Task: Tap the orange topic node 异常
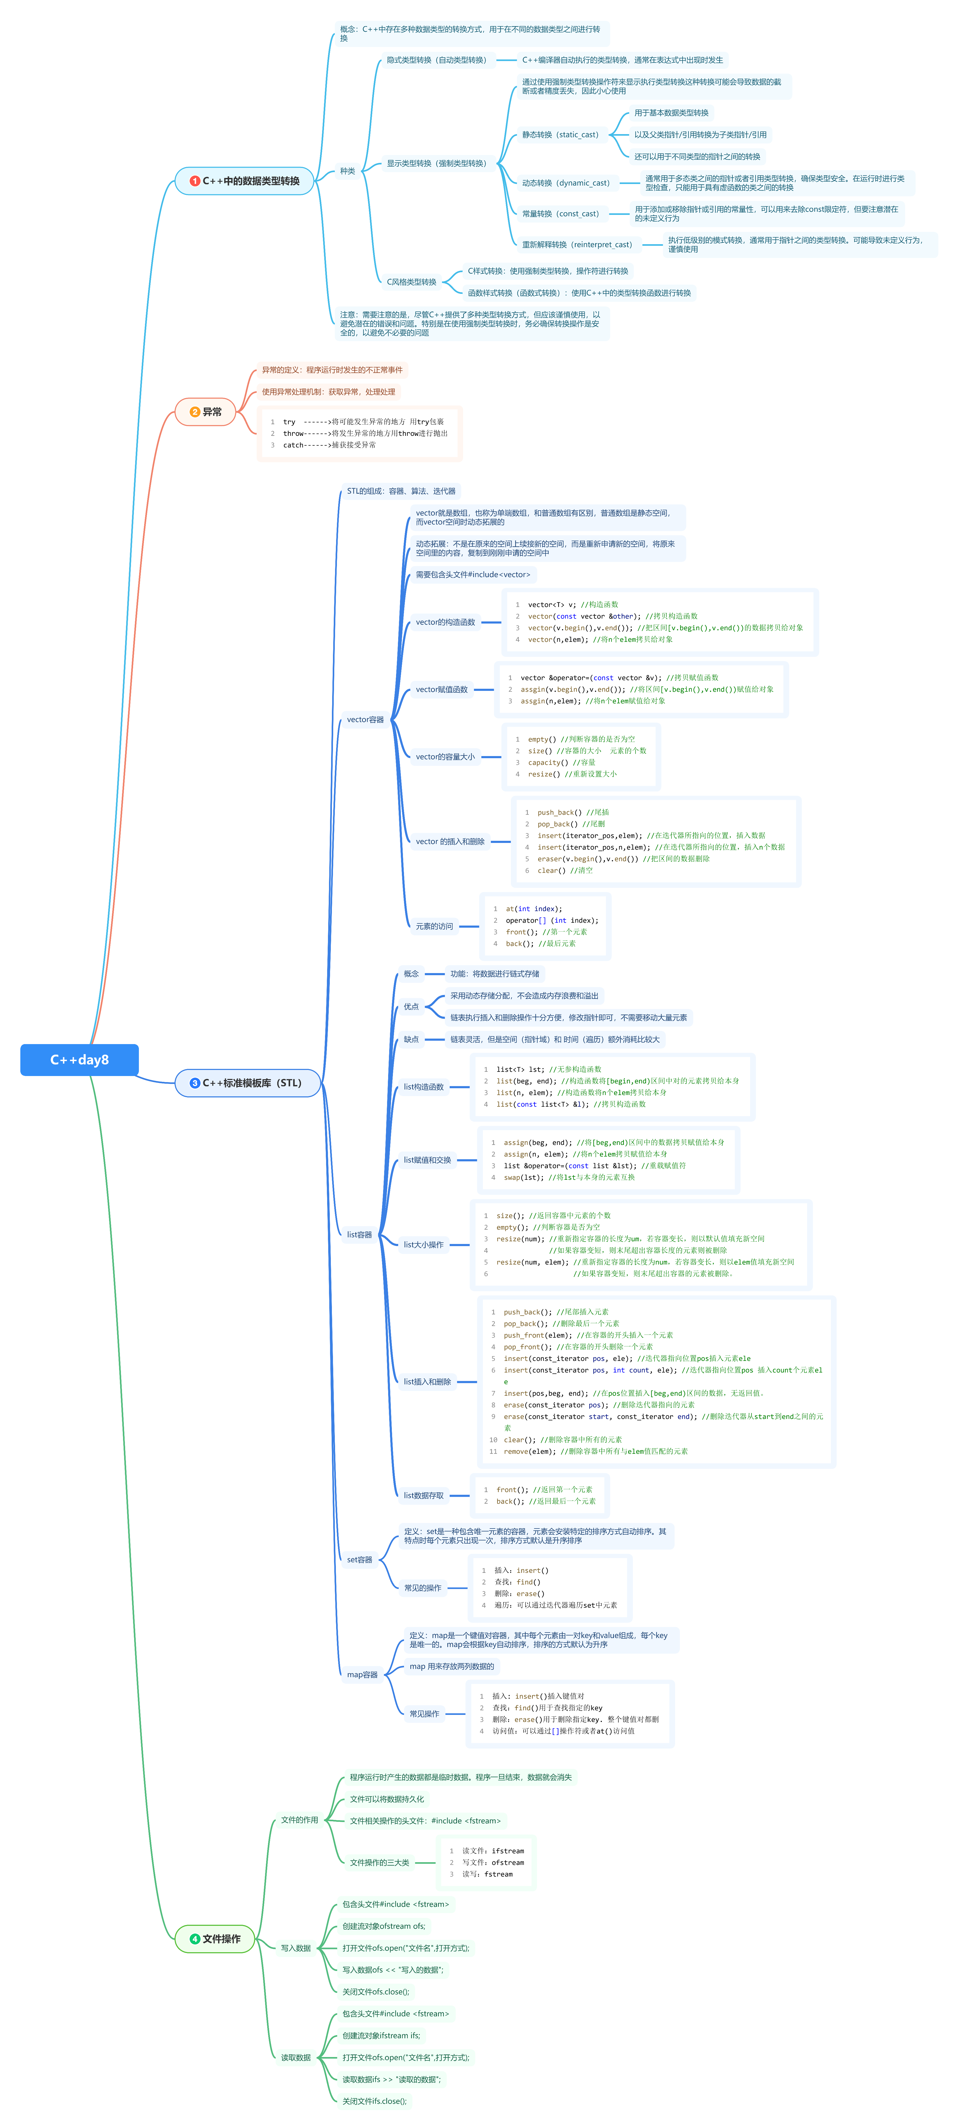tap(206, 412)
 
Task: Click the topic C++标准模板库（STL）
tap(247, 1083)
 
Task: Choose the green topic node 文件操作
tap(215, 1938)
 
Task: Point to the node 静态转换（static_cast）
tap(560, 135)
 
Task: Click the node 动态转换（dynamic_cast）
tap(566, 183)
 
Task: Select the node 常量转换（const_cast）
tap(560, 214)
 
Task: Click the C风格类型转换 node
tap(411, 282)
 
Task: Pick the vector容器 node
tap(365, 719)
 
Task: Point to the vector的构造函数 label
tap(445, 622)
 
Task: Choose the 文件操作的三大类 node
tap(379, 1862)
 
